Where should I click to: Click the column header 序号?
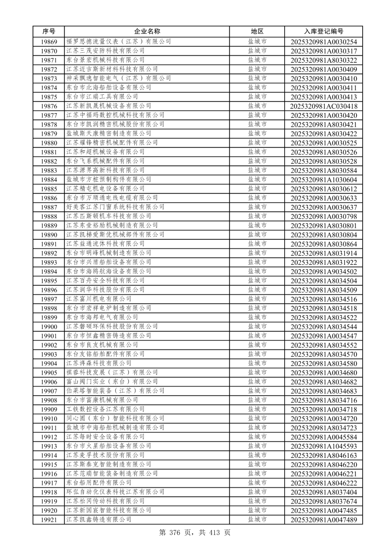pos(48,31)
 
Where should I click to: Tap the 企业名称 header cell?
pos(147,31)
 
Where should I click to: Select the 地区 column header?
pos(257,31)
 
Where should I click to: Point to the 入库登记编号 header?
pos(324,31)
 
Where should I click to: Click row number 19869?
pos(49,42)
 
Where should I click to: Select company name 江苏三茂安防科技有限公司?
pos(105,51)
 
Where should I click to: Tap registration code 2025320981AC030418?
pos(324,106)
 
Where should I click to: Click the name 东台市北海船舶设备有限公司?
pos(109,88)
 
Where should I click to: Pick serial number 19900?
pos(49,327)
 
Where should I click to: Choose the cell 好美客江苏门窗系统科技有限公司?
pos(115,207)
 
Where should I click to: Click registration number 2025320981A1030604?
pos(324,180)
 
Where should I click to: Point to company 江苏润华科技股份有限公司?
pos(105,290)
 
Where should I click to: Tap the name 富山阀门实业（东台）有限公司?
pos(112,382)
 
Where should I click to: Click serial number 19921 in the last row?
pos(49,520)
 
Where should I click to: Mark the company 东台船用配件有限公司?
pos(99,483)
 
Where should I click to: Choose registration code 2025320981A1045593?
pos(324,446)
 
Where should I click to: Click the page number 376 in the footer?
pos(175,533)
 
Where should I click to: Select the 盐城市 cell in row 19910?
pos(257,419)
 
